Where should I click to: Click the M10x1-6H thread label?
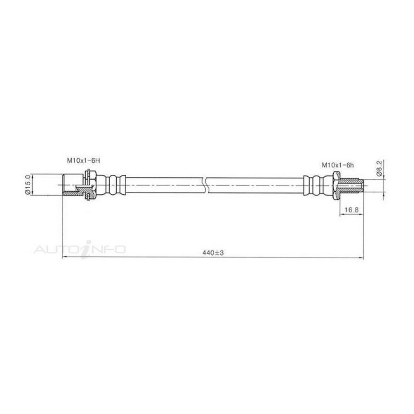coord(84,160)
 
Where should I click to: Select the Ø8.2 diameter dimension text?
coord(379,168)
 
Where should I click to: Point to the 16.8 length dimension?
coord(351,210)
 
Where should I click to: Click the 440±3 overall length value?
coord(213,253)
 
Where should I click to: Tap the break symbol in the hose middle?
coord(207,185)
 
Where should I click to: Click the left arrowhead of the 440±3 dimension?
coord(65,257)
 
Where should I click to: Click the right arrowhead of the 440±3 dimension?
coord(361,258)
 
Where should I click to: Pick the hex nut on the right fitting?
coord(336,185)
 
